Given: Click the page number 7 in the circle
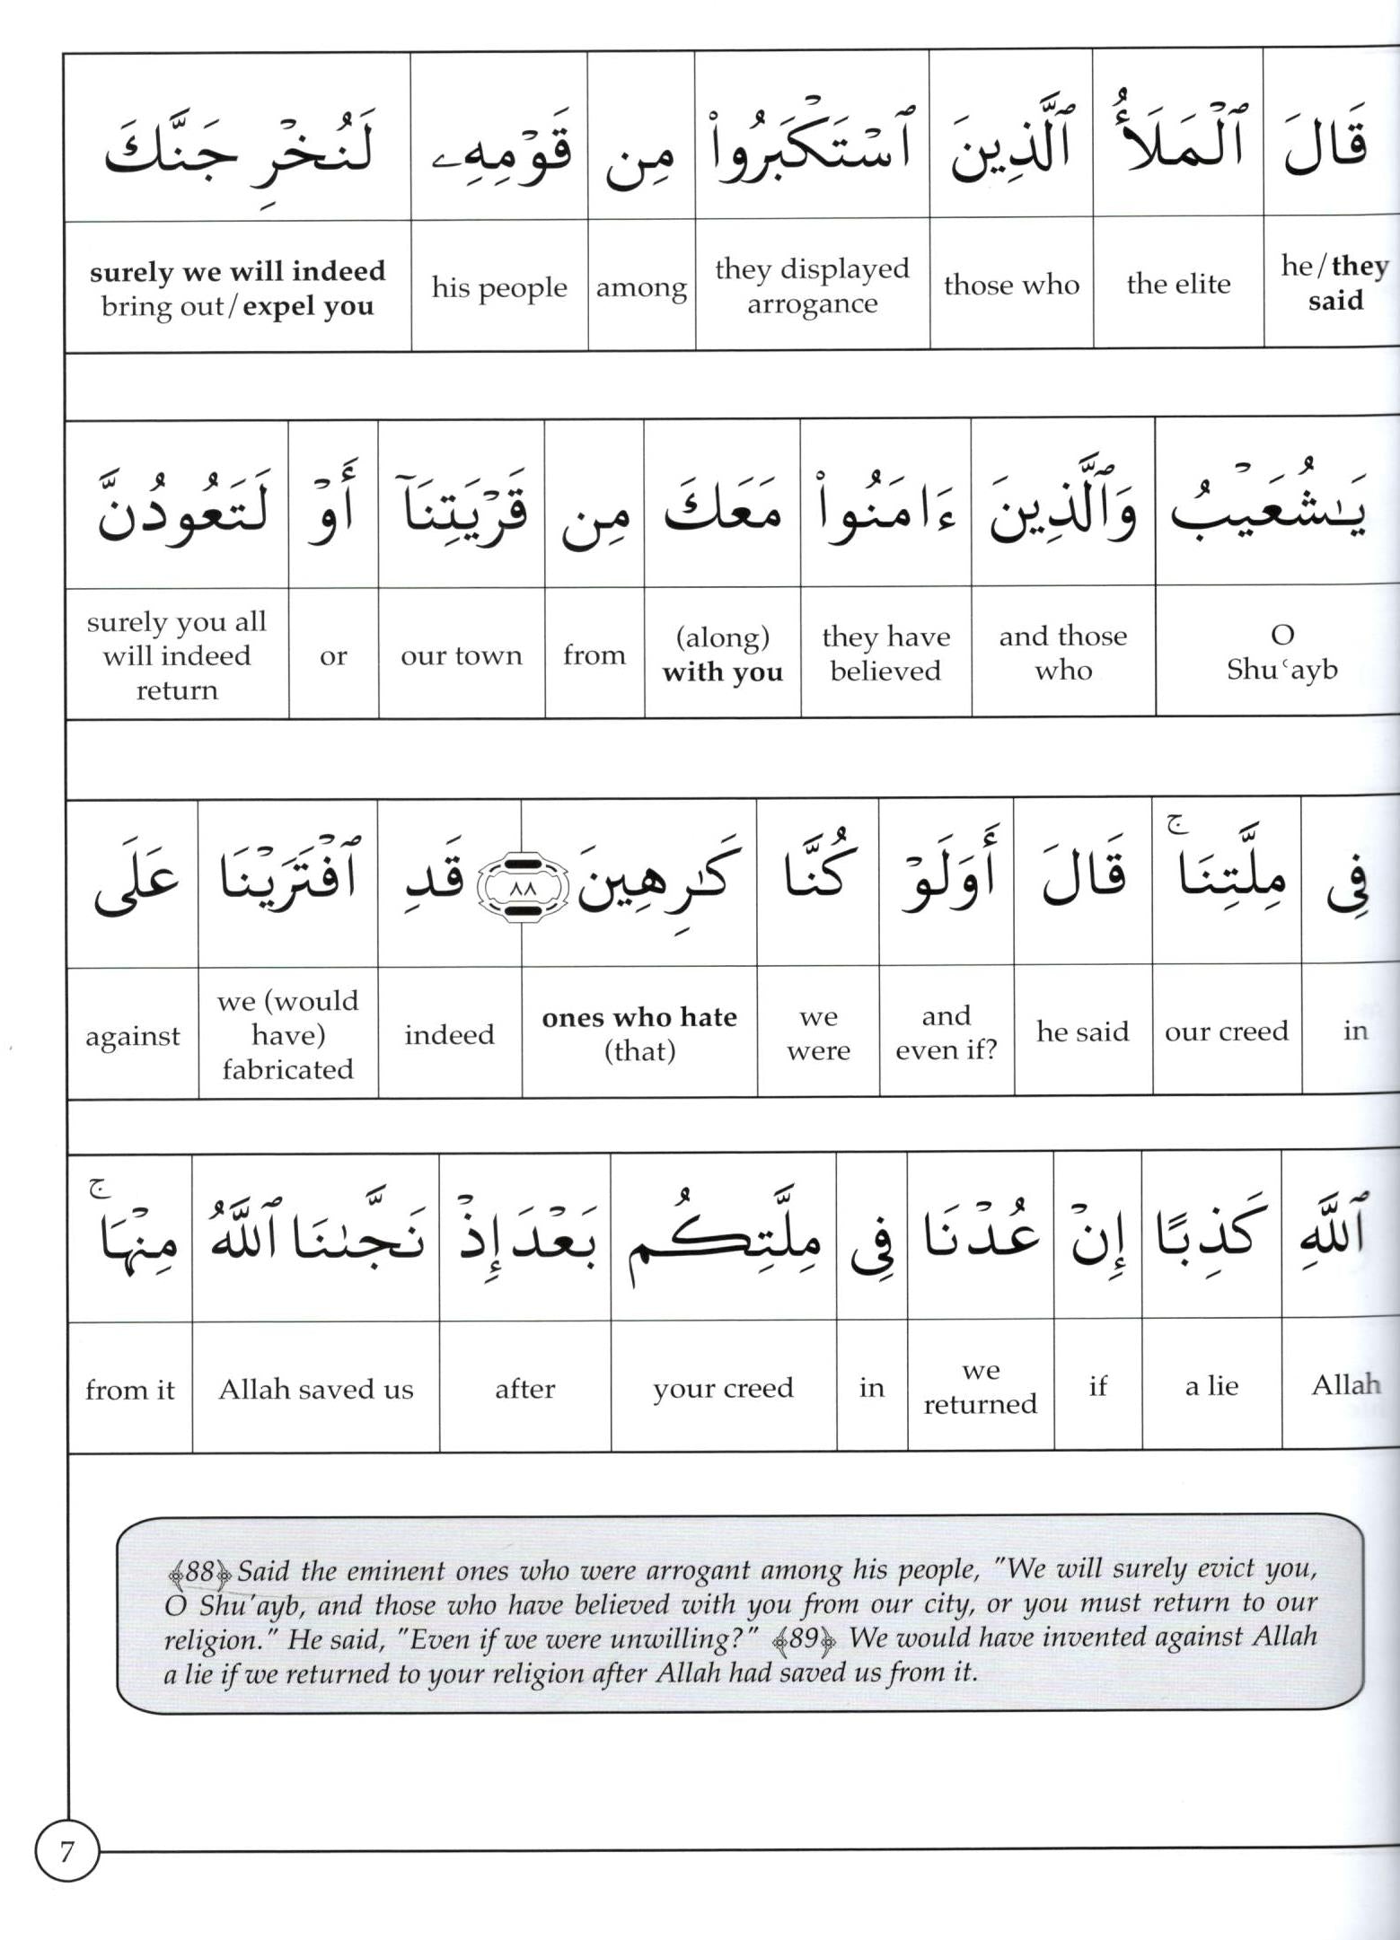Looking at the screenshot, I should (x=66, y=1852).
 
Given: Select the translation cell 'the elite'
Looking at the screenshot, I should (x=1178, y=284).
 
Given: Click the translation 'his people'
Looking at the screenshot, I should (x=499, y=287).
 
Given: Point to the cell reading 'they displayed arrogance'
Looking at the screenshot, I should (x=812, y=285).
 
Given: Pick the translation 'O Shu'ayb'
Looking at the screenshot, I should (x=1281, y=653).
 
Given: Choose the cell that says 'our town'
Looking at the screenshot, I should (x=462, y=655).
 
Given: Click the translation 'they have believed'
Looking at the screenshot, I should (x=885, y=654).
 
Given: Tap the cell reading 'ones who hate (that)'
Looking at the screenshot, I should (x=639, y=1033).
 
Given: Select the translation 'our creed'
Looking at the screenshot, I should (x=1226, y=1031).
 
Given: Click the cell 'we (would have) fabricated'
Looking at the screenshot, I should (x=287, y=1034).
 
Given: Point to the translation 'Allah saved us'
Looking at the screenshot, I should (x=316, y=1389).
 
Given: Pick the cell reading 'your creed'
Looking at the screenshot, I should (x=723, y=1388).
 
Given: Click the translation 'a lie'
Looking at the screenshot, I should (x=1211, y=1386).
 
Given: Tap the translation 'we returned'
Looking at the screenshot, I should (x=980, y=1387).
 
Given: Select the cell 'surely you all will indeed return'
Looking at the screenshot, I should (x=177, y=655).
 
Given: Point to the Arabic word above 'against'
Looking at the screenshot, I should (x=135, y=880).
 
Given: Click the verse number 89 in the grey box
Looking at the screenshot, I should (x=804, y=1639).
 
